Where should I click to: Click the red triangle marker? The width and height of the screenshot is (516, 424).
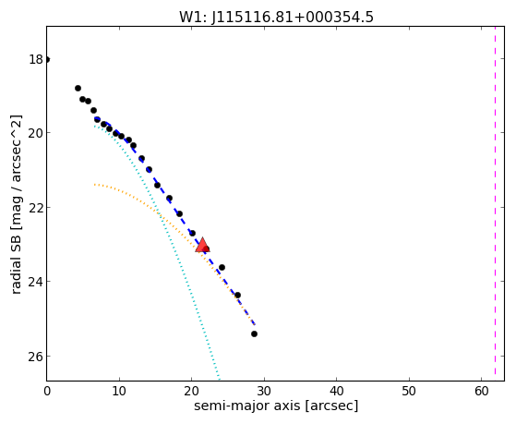pyautogui.click(x=202, y=245)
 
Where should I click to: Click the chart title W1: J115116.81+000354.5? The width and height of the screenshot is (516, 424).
pyautogui.click(x=276, y=17)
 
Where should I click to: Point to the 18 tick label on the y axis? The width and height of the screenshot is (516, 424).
pyautogui.click(x=36, y=60)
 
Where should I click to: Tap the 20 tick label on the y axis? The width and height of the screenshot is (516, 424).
pyautogui.click(x=35, y=133)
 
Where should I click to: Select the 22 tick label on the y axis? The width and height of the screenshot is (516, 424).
pyautogui.click(x=35, y=208)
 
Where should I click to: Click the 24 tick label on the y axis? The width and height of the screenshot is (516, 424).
pyautogui.click(x=35, y=282)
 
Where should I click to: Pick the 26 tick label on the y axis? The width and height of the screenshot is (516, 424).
pyautogui.click(x=35, y=357)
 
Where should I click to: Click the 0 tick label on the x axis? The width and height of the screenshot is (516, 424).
pyautogui.click(x=47, y=392)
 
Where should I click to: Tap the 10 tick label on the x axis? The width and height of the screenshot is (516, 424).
pyautogui.click(x=119, y=392)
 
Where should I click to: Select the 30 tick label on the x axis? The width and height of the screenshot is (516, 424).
pyautogui.click(x=264, y=392)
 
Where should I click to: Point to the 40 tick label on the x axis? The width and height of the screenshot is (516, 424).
pyautogui.click(x=336, y=392)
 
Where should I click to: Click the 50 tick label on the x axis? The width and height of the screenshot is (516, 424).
pyautogui.click(x=409, y=392)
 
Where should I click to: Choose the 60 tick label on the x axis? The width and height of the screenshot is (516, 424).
pyautogui.click(x=482, y=392)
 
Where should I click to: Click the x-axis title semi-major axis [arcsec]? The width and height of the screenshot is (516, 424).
pyautogui.click(x=276, y=406)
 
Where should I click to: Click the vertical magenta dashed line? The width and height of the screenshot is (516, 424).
pyautogui.click(x=495, y=203)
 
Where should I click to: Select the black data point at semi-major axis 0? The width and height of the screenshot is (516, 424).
pyautogui.click(x=47, y=60)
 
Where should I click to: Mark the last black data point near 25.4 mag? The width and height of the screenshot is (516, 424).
pyautogui.click(x=254, y=334)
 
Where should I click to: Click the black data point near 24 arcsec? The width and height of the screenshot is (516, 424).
pyautogui.click(x=222, y=267)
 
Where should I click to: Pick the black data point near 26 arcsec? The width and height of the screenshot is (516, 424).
pyautogui.click(x=237, y=296)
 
